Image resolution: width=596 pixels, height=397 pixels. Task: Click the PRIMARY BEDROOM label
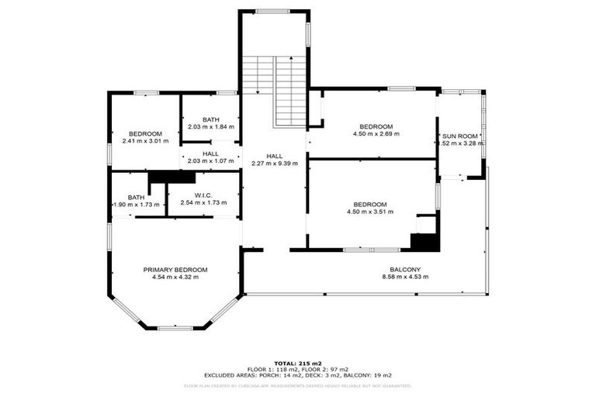coord(175,269)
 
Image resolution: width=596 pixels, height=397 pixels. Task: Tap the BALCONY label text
coord(406,269)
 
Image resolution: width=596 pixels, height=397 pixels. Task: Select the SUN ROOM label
coord(460,136)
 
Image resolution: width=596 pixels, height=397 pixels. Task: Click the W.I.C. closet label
coord(203,195)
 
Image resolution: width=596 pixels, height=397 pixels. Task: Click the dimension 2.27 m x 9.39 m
coord(275,164)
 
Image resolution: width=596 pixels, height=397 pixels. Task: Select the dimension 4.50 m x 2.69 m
coord(376,134)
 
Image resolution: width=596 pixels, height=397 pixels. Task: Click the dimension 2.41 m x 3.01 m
coord(145,141)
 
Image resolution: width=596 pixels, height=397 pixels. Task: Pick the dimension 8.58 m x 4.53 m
coord(406,277)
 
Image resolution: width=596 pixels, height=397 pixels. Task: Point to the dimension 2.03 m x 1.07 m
coord(210,161)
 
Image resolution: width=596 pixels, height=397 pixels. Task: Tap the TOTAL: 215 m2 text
coord(298,363)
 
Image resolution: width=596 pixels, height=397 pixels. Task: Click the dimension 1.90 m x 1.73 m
coord(137,205)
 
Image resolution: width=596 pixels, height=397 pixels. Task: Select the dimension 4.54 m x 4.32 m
coord(175,277)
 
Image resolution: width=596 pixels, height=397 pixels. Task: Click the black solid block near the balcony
coord(424,242)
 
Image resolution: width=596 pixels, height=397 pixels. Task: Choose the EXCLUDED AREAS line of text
coord(298,375)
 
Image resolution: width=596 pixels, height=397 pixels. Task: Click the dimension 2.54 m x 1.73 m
coord(203,203)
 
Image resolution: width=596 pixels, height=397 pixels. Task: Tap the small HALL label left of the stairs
coord(210,154)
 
